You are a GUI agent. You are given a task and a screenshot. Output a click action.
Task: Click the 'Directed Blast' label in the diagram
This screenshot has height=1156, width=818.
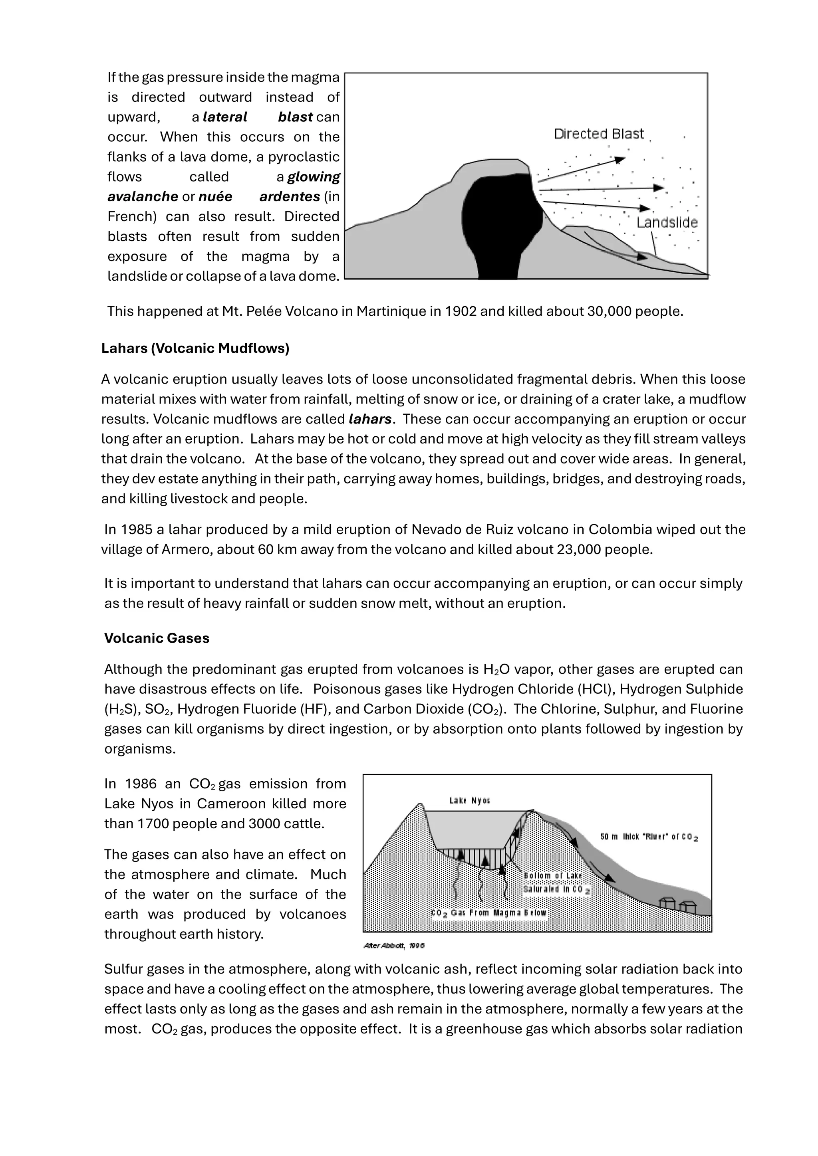coord(598,134)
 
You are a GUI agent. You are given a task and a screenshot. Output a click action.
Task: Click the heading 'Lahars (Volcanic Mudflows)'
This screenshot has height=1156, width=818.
coord(195,348)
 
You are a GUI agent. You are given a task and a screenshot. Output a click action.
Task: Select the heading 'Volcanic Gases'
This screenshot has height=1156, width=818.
coord(157,638)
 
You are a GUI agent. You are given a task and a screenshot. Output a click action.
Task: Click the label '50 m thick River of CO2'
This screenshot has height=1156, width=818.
coord(649,837)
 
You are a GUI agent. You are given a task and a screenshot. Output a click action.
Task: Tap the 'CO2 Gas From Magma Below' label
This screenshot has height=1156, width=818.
coord(488,913)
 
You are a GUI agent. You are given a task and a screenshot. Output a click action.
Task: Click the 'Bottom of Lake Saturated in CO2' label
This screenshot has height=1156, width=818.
coord(556,883)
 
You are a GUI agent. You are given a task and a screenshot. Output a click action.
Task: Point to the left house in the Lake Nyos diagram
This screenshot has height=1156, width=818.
coord(667,903)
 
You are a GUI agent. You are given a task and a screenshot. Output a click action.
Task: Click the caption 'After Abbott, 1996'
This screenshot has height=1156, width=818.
coord(394,946)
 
